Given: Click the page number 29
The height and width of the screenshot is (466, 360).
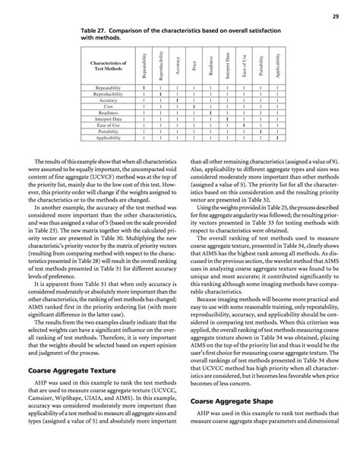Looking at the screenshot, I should click(x=334, y=16).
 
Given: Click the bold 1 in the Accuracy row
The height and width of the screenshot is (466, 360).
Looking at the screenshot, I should click(x=176, y=100).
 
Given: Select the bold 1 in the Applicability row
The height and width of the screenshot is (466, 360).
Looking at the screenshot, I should click(x=278, y=138).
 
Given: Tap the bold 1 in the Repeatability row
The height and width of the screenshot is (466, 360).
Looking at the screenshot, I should click(x=143, y=88).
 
